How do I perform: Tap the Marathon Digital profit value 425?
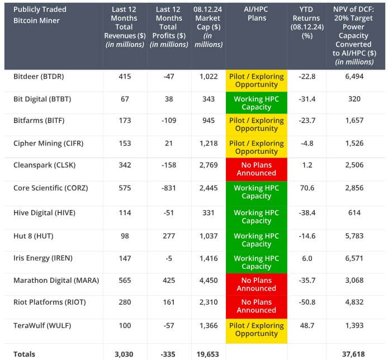[169, 280]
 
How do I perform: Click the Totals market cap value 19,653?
[208, 354]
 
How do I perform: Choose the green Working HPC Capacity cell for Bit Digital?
[256, 103]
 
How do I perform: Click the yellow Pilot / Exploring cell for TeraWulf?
[256, 329]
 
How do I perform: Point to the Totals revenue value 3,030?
[124, 354]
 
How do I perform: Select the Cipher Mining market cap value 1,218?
[208, 144]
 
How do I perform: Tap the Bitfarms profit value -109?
[169, 121]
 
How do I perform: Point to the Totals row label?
[24, 354]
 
